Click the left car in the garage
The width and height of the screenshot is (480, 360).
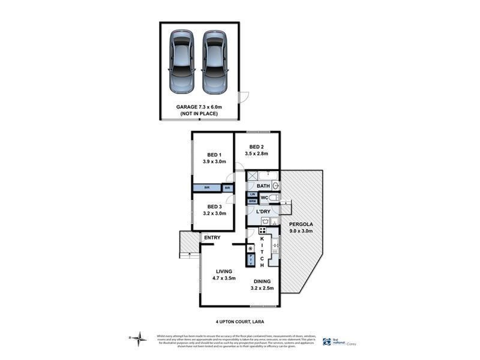[181, 62]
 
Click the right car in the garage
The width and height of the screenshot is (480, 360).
[215, 62]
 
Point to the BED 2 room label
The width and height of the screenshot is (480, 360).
[256, 150]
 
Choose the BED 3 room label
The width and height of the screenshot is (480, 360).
[214, 209]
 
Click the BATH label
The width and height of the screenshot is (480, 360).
[263, 186]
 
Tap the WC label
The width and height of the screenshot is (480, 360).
[263, 198]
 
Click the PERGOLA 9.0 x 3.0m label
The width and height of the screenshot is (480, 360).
[303, 231]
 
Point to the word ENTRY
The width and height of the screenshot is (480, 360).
[211, 238]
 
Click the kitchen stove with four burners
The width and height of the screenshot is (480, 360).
[263, 231]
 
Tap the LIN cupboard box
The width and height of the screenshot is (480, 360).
[253, 195]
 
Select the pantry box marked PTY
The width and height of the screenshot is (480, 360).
[251, 260]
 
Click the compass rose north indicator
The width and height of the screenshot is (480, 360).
[140, 338]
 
